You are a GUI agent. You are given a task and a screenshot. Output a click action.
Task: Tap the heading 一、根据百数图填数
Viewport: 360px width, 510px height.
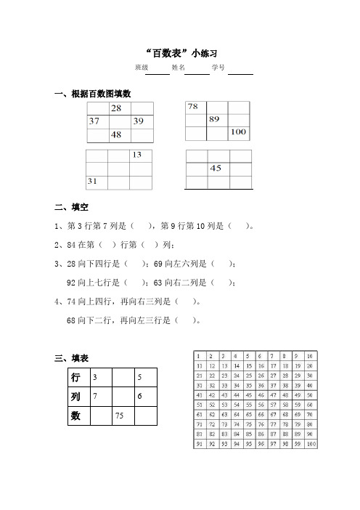point(93,94)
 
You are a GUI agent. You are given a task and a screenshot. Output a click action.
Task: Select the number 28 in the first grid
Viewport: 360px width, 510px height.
point(116,108)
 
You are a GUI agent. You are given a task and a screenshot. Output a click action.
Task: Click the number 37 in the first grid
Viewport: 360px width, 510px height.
point(94,121)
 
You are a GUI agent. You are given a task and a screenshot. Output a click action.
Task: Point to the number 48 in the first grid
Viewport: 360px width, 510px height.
point(116,135)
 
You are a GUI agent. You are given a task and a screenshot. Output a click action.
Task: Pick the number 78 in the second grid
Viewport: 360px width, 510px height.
point(194,107)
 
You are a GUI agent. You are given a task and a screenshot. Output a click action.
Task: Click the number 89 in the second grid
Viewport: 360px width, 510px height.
point(215,119)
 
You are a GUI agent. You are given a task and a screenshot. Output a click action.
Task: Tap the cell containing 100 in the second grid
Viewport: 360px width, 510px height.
point(238,133)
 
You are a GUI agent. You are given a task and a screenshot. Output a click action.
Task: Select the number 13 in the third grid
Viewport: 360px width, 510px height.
point(136,155)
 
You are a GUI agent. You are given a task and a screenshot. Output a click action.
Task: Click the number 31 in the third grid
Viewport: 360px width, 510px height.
point(93,180)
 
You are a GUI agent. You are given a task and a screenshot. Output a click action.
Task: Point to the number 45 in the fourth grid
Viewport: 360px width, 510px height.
point(216,169)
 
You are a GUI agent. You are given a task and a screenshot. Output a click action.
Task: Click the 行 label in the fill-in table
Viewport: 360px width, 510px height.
point(75,378)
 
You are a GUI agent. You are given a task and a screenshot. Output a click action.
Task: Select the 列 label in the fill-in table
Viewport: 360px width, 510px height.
point(75,397)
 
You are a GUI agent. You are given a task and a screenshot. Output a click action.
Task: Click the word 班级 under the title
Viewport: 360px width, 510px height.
point(142,68)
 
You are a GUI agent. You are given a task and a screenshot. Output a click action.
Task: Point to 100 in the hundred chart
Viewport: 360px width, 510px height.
point(311,441)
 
